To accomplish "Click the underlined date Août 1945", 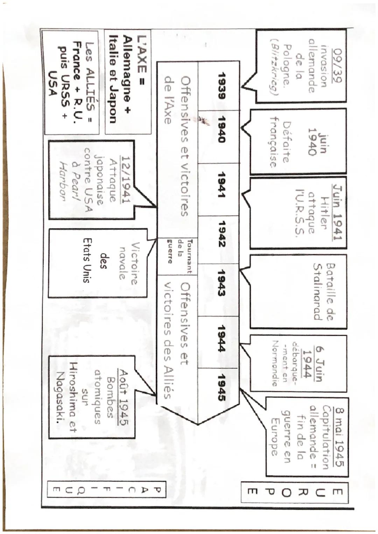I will (125, 397).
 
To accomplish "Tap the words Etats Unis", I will (87, 260).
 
